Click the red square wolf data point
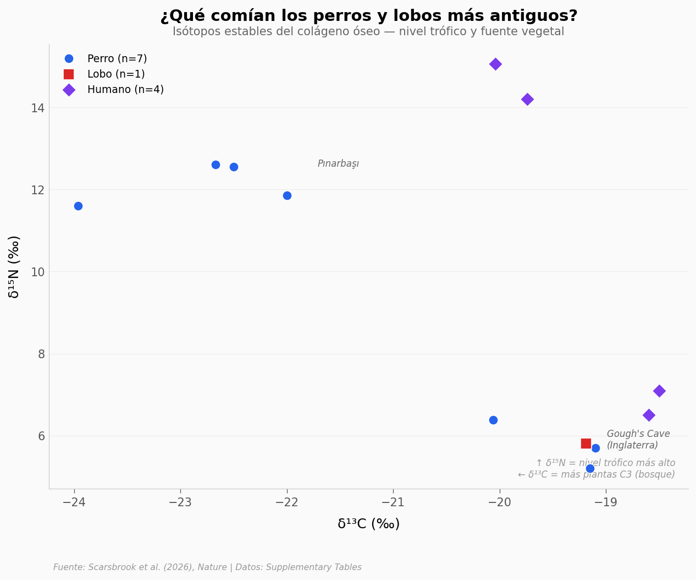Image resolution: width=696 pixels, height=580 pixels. pos(585,444)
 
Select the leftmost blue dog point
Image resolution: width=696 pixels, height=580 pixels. pos(78,206)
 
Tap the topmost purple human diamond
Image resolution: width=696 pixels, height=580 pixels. pos(495,64)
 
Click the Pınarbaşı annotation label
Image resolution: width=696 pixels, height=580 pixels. pos(338,164)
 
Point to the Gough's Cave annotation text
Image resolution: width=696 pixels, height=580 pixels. pos(638,440)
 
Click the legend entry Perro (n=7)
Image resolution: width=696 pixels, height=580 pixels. pos(117,59)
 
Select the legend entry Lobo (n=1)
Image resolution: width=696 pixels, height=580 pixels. pos(115,74)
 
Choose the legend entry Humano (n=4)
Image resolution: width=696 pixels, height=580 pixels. pos(125,90)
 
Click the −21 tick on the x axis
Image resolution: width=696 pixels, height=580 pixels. pos(393,502)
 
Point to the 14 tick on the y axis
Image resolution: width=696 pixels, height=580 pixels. pos(37,108)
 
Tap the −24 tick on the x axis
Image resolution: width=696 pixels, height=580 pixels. pos(74,502)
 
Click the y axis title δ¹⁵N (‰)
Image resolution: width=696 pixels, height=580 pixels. pos(14,267)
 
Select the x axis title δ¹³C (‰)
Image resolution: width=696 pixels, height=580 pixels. pos(368,524)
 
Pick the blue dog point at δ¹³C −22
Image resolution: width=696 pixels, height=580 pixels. pos(287,195)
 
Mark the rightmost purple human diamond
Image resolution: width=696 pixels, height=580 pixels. pos(659,391)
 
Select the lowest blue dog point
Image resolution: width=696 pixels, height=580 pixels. pos(590,468)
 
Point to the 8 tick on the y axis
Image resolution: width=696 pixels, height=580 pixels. pos(41,354)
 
